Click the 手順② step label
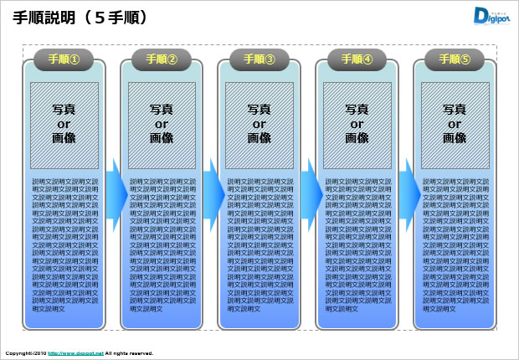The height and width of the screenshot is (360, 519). pos(162,59)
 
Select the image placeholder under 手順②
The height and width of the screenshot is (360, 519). pos(162,123)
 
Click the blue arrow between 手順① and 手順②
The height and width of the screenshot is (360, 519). pos(116,192)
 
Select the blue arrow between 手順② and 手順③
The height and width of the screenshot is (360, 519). pos(214,192)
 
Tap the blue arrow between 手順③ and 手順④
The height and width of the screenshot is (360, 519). pos(311,192)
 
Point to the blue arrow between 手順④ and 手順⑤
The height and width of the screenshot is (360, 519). pos(409,192)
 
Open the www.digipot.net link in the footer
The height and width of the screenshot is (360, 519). pos(75,353)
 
